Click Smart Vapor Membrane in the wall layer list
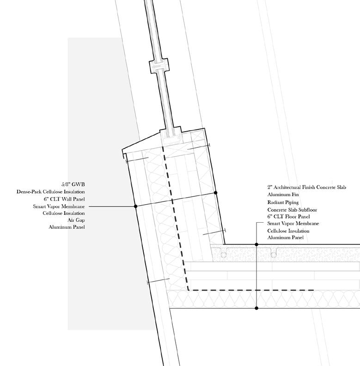[x=59, y=206]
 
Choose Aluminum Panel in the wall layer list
[x=67, y=227]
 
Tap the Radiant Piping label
[x=283, y=202]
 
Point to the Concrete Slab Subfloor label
[x=292, y=210]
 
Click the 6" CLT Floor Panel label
[x=288, y=216]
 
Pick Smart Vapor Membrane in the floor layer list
[x=293, y=224]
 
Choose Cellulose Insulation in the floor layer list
[x=288, y=231]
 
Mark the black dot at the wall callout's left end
[x=136, y=206]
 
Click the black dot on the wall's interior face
[x=216, y=192]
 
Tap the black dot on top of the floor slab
[x=256, y=244]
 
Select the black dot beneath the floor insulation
[x=256, y=308]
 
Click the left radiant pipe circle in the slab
[x=224, y=254]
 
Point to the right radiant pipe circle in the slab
[x=274, y=254]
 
